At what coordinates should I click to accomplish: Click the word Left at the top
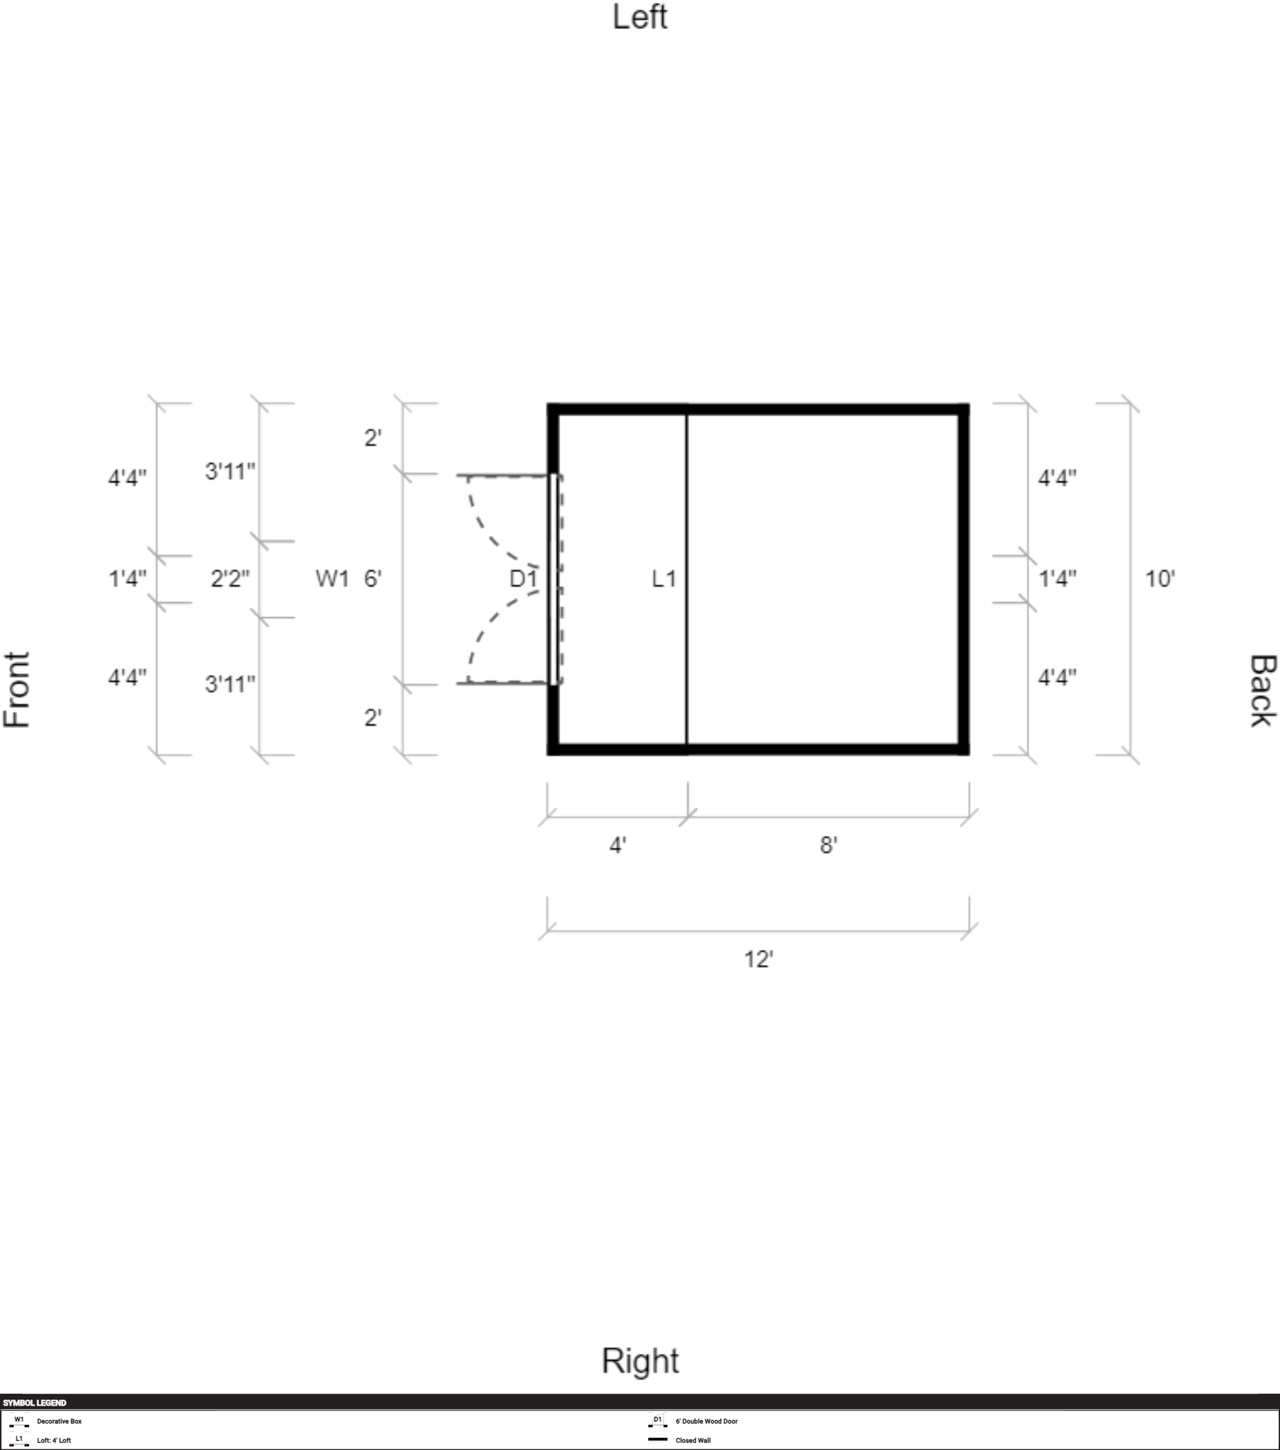[x=640, y=17]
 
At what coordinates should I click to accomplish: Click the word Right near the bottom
[x=640, y=1361]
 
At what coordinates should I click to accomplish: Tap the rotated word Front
[x=17, y=690]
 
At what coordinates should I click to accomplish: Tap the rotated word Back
[x=1262, y=690]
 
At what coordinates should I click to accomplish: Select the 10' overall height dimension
[x=1160, y=579]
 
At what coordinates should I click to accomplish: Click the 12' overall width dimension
[x=758, y=959]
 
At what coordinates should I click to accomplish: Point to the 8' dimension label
[x=828, y=845]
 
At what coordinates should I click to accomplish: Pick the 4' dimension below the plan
[x=618, y=845]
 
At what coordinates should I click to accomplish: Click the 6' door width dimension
[x=372, y=579]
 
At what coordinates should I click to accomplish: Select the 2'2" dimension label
[x=230, y=579]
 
